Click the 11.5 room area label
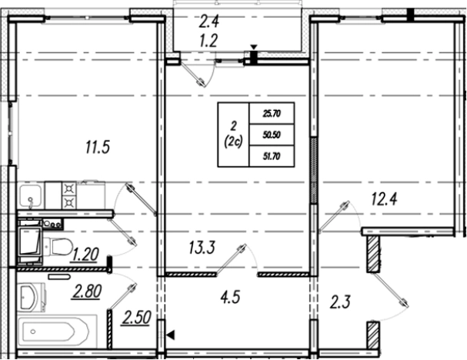[98, 147]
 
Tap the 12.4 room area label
[384, 198]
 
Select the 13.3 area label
[202, 247]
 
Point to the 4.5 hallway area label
[231, 297]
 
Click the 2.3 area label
[340, 302]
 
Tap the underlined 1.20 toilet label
[84, 255]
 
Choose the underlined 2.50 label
[135, 318]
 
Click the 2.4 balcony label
[209, 22]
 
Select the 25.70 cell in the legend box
[272, 113]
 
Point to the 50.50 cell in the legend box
[272, 135]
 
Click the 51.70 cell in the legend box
[272, 156]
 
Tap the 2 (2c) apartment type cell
[234, 135]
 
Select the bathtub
[54, 332]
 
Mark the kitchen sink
[31, 195]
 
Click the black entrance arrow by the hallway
[171, 335]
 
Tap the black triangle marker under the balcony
[253, 48]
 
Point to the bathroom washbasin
[29, 297]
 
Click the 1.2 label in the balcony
[209, 41]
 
